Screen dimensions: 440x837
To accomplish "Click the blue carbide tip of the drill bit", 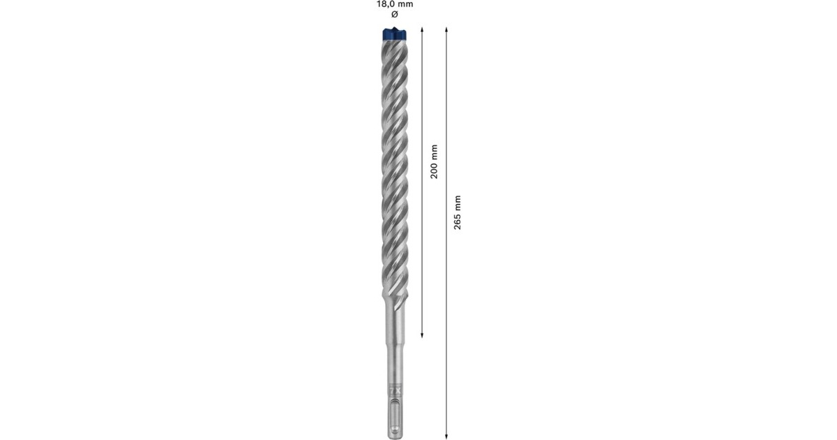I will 394,33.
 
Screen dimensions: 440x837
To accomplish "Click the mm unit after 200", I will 433,152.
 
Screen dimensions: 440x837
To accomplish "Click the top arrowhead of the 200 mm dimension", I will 423,29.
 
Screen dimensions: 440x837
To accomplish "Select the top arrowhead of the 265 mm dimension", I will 447,29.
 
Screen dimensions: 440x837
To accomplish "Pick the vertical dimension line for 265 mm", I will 447,314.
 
